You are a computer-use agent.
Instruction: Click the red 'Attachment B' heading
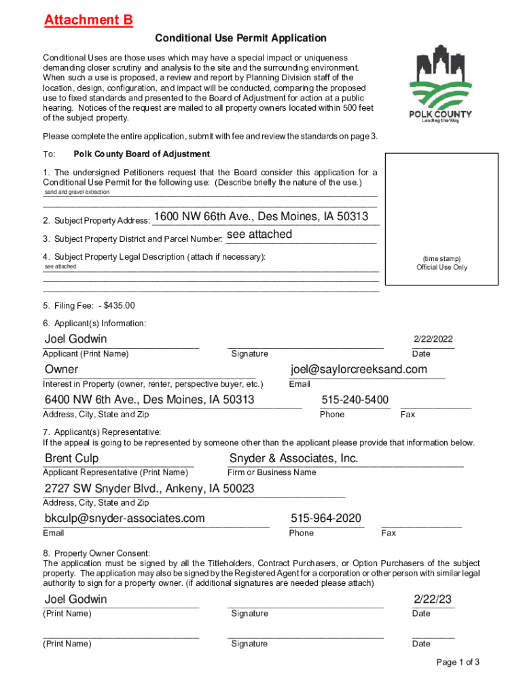(88, 20)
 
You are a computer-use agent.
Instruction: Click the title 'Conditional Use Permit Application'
(241, 38)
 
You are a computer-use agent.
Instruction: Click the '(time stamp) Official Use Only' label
(441, 263)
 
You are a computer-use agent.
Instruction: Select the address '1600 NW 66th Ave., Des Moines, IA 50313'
(261, 217)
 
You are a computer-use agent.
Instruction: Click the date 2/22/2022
(433, 339)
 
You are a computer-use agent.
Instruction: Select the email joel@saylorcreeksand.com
(359, 369)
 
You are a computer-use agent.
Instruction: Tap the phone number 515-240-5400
(355, 400)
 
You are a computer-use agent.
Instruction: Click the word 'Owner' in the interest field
(61, 370)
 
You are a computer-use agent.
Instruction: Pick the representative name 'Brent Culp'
(71, 458)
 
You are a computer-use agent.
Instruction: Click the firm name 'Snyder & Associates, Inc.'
(293, 458)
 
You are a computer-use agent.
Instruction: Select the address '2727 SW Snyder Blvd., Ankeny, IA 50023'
(149, 489)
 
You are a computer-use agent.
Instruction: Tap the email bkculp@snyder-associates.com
(124, 519)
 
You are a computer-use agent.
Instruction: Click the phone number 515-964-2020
(326, 519)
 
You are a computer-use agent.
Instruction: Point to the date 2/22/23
(433, 599)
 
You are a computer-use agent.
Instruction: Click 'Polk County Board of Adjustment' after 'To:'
(142, 154)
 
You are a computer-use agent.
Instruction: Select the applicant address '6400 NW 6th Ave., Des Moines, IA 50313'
(149, 400)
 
